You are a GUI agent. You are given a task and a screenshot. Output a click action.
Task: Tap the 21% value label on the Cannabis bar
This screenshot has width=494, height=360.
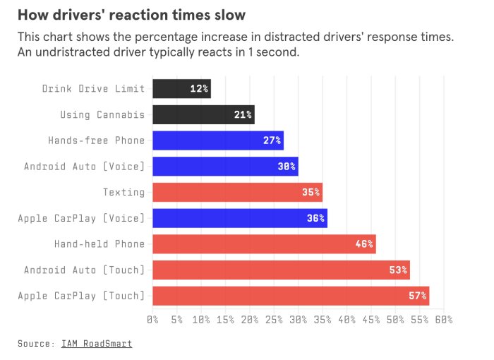click(x=243, y=114)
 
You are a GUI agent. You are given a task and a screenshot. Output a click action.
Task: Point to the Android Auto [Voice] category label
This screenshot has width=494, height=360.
click(x=84, y=167)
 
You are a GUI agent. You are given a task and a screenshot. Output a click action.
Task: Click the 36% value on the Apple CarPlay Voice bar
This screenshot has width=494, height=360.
click(x=315, y=218)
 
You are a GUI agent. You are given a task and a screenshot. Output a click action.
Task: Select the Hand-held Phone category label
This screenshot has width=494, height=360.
click(x=99, y=244)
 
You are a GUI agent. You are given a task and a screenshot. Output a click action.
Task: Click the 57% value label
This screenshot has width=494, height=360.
click(x=417, y=296)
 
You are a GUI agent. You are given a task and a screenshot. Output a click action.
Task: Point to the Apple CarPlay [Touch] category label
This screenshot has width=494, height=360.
click(x=81, y=296)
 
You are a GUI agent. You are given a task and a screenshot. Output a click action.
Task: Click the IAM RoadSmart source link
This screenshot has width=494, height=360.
click(x=96, y=344)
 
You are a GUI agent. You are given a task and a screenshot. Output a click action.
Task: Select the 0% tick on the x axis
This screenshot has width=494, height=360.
click(x=152, y=320)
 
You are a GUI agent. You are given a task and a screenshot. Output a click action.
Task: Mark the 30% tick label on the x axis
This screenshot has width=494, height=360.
click(x=298, y=320)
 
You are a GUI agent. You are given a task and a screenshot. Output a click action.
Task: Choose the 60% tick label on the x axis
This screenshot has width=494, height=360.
click(x=443, y=320)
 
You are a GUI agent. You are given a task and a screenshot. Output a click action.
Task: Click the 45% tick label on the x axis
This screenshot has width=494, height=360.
click(x=370, y=320)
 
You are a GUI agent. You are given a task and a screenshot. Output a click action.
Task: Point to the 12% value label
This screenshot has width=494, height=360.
click(x=199, y=89)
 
